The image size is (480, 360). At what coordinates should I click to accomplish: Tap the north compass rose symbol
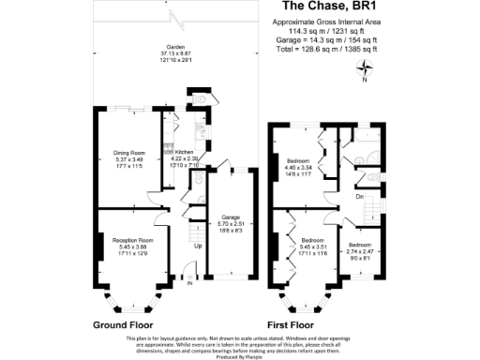(370, 67)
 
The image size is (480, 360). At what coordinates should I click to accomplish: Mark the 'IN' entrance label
(188, 282)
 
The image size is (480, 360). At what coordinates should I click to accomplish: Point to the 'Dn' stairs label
(358, 196)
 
